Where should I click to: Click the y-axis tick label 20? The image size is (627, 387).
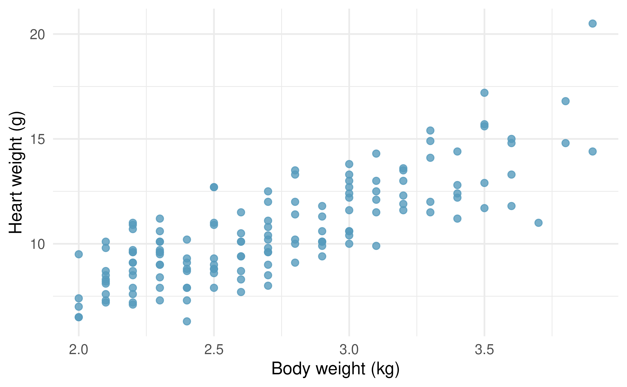point(37,35)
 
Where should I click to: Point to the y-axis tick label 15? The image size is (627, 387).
point(37,140)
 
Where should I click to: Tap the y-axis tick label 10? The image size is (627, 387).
point(37,244)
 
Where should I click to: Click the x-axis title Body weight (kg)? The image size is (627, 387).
point(335,369)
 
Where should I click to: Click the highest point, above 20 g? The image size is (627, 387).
point(592,23)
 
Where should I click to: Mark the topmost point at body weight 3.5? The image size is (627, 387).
point(484,93)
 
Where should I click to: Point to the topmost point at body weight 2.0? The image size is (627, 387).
point(79,254)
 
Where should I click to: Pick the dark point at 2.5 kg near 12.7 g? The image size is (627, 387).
point(214,187)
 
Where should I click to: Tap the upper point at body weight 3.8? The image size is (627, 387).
point(566,101)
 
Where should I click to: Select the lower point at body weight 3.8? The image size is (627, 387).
point(566,143)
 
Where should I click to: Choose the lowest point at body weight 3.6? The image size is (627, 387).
point(512,206)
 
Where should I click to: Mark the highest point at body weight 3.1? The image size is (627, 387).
point(376,154)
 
